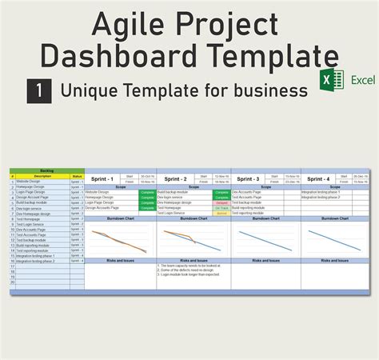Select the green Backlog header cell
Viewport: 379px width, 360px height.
46,170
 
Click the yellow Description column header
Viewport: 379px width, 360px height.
42,176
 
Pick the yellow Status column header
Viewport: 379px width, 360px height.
77,176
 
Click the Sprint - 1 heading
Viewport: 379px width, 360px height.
102,179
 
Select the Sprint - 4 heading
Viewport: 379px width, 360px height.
318,179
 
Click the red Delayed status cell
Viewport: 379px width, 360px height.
221,202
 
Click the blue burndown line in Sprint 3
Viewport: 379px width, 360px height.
265,240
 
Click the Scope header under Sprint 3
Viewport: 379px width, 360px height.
265,187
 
